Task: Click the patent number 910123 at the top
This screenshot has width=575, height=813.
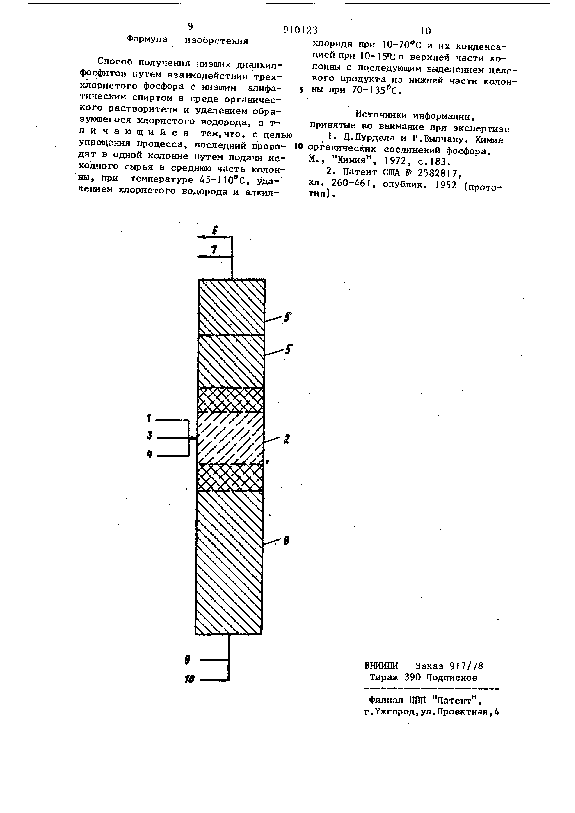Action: pos(300,30)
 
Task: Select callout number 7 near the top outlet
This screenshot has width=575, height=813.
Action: pos(214,250)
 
